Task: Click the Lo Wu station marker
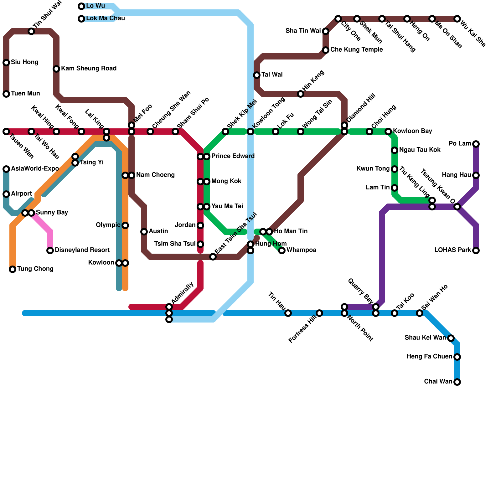(81, 6)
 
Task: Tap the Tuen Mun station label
(25, 94)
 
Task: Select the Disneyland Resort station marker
(50, 250)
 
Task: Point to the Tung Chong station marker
(13, 269)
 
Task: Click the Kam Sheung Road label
(89, 69)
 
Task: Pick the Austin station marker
(144, 232)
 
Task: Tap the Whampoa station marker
(282, 250)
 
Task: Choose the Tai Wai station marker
(257, 75)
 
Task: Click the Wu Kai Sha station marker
(457, 19)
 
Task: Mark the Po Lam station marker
(476, 144)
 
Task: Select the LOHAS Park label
(452, 250)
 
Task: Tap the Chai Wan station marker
(457, 382)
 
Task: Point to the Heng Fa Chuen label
(429, 357)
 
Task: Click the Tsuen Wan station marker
(6, 132)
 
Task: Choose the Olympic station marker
(125, 225)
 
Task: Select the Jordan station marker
(200, 225)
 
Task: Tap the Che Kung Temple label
(356, 50)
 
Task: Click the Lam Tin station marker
(395, 188)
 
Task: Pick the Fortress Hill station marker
(319, 313)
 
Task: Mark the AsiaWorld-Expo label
(35, 169)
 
